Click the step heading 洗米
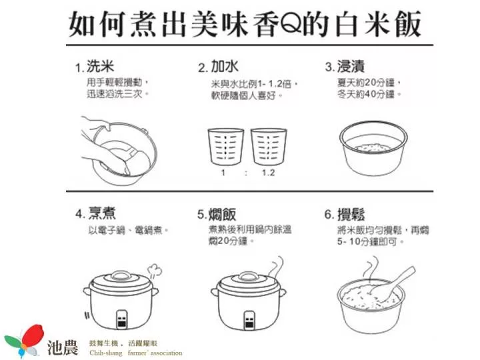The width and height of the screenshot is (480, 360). (101, 67)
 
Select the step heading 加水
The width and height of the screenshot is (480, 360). (225, 67)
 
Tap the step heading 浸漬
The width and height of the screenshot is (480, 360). (351, 67)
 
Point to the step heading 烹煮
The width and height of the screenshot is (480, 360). (102, 213)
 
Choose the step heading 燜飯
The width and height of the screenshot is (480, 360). (222, 214)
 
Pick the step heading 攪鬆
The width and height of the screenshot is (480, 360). (351, 214)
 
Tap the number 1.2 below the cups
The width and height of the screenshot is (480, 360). (268, 173)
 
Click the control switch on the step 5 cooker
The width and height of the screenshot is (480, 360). (250, 319)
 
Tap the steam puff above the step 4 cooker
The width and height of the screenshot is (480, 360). (154, 271)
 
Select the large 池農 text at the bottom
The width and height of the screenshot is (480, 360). (63, 347)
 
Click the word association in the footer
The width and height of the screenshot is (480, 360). (166, 353)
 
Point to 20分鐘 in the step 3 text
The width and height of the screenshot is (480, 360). (379, 83)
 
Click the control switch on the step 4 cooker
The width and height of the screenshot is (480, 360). (122, 319)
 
